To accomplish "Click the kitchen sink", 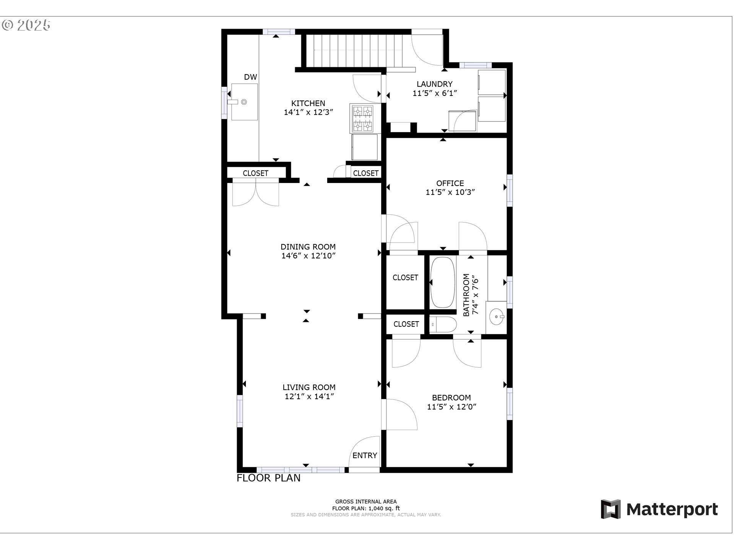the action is [244, 102].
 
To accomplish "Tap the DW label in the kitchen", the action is [250, 77].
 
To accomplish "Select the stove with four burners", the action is [362, 118].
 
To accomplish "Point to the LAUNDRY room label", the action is [435, 84].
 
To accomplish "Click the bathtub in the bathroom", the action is [443, 282].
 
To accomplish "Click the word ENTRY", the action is [365, 455].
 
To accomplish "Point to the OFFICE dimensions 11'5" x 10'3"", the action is [450, 192].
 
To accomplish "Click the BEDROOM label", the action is [451, 398].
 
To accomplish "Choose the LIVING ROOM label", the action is [309, 387].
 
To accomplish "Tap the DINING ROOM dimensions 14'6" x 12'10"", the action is [308, 256].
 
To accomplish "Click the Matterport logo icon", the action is [611, 509].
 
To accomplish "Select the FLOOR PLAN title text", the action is [268, 478].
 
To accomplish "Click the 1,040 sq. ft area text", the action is [383, 508].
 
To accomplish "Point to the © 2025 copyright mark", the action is [26, 25].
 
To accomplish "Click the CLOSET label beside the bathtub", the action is [405, 278].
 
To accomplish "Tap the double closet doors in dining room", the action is [255, 194].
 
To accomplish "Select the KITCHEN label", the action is [308, 103].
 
